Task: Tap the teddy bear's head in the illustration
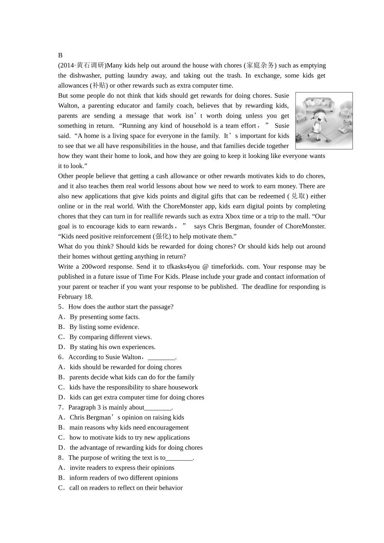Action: coord(346,123)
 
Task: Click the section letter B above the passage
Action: coord(60,55)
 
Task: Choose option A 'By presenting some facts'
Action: coord(104,317)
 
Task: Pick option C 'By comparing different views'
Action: coord(110,337)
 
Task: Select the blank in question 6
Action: coord(161,357)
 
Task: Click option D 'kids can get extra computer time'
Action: coord(137,398)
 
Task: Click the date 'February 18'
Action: coord(75,297)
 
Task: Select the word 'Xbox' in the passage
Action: coord(232,217)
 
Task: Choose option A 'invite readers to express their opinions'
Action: coord(122,468)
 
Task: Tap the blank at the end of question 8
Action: coord(179,458)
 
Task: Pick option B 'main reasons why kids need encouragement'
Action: coord(129,427)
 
